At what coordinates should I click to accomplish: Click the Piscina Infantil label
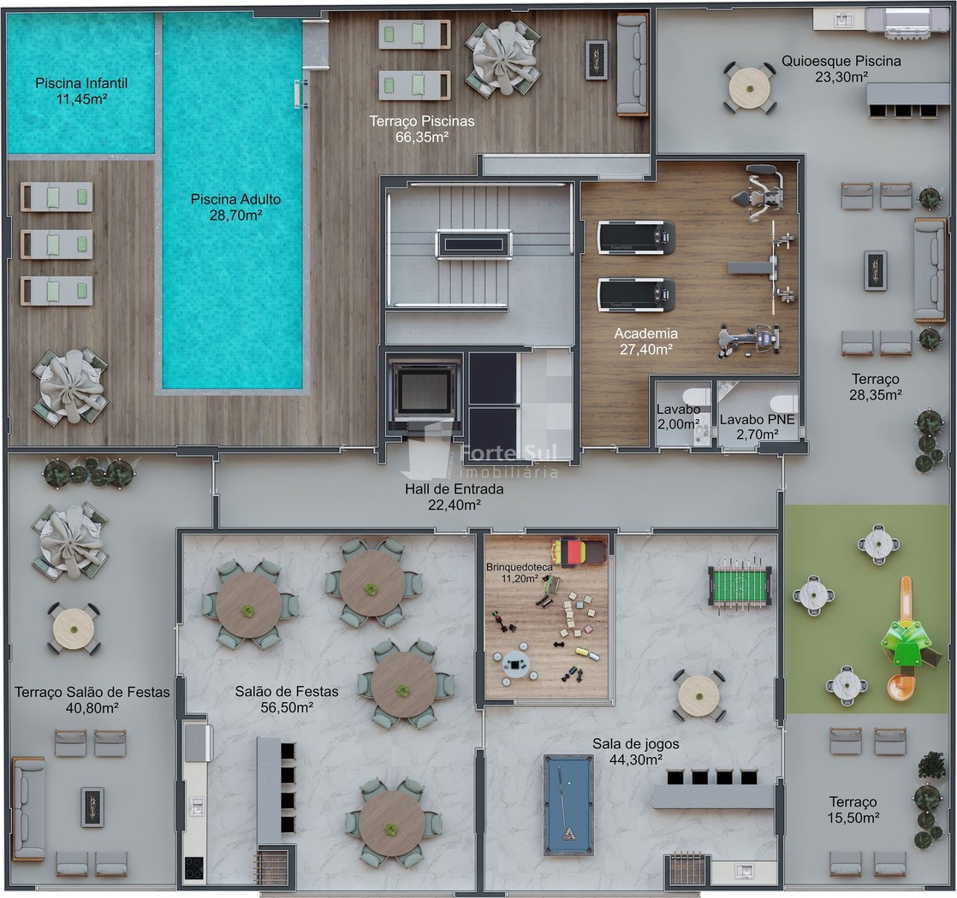(x=81, y=83)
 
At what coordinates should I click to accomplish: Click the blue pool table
(x=568, y=805)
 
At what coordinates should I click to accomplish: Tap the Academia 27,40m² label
(x=645, y=340)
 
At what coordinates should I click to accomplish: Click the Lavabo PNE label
(x=757, y=419)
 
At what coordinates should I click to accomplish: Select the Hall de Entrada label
(x=454, y=489)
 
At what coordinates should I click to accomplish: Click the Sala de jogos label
(x=635, y=744)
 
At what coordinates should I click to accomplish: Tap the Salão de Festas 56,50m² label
(x=287, y=700)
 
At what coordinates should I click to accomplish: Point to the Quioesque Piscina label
(x=841, y=61)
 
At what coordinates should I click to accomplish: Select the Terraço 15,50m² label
(x=853, y=810)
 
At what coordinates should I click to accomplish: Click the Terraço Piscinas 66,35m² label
(x=422, y=128)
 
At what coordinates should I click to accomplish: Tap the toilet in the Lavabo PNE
(x=784, y=403)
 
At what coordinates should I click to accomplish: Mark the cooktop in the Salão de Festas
(x=194, y=867)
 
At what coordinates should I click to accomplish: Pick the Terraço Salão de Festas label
(x=92, y=692)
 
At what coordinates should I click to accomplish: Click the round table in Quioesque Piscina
(x=750, y=88)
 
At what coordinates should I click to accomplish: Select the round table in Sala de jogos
(x=698, y=695)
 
